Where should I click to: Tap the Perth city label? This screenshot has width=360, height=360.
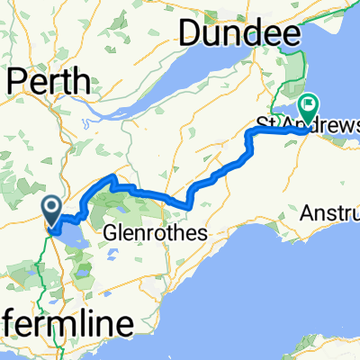pos(49,82)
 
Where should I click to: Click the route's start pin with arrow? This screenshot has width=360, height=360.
pos(52,211)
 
